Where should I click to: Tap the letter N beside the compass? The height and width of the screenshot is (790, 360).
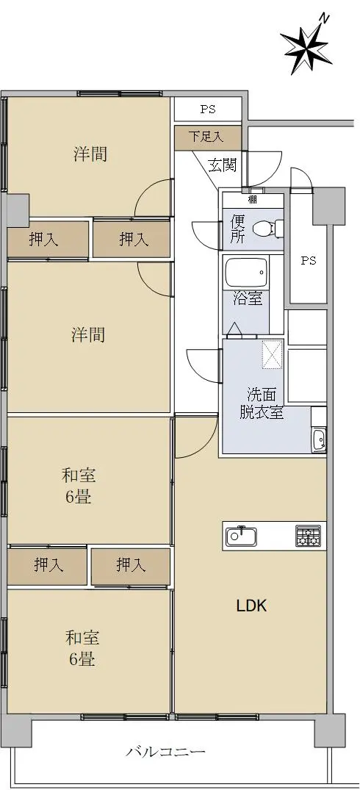325,19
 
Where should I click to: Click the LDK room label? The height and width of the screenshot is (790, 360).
251,606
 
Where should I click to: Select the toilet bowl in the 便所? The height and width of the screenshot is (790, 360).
264,229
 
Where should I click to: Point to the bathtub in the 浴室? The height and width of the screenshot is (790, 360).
246,273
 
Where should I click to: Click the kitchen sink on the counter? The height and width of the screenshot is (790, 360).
241,536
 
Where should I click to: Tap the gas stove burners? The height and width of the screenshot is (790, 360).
308,536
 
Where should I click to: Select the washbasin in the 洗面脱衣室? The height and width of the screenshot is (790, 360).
318,440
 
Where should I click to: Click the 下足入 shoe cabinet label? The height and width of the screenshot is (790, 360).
206,137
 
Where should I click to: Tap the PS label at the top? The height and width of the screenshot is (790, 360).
208,109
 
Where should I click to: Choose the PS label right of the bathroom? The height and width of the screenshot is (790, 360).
309,260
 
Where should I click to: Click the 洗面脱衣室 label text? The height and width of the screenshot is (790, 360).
261,403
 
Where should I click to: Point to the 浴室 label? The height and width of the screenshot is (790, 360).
247,298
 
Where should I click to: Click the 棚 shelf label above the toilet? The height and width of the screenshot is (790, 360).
253,199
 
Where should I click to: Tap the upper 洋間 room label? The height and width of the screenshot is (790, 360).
90,153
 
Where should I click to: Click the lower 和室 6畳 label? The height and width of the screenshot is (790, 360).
82,648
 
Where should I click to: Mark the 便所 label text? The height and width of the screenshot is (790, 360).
237,230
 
